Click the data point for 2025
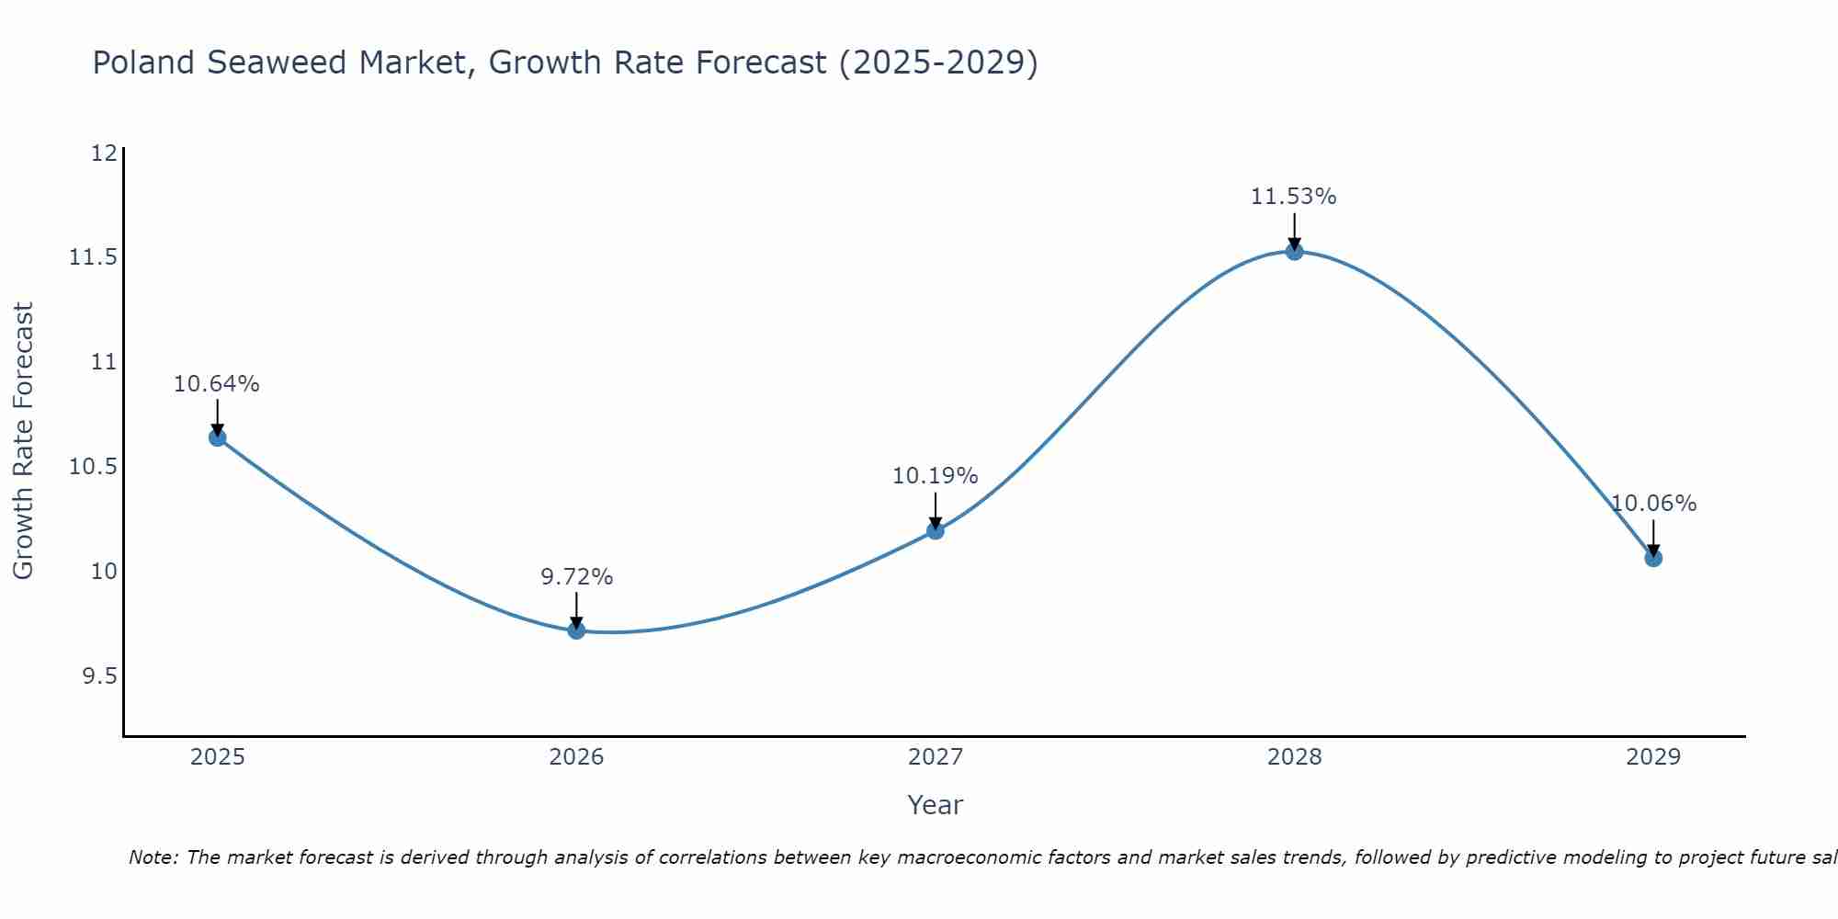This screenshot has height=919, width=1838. tap(217, 437)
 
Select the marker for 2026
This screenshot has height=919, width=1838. tap(576, 630)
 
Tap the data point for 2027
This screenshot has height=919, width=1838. tap(936, 530)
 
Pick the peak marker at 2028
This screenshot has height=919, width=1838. tap(1294, 251)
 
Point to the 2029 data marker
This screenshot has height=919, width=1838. tap(1653, 558)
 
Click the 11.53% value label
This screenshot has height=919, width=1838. tap(1293, 197)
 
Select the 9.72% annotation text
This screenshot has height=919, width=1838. tap(576, 577)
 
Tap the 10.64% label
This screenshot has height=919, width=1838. tap(217, 384)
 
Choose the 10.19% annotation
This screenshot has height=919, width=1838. tap(935, 476)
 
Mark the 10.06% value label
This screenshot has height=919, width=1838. tap(1653, 504)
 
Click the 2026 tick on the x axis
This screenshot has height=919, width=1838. tap(576, 757)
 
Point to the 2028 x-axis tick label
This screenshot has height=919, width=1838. tap(1294, 757)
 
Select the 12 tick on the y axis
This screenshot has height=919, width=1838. tap(104, 153)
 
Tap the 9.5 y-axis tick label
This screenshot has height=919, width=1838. tap(100, 676)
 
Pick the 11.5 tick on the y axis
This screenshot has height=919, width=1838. tap(94, 257)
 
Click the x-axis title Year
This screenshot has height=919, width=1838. tap(935, 805)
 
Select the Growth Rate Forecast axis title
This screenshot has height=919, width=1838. tap(23, 441)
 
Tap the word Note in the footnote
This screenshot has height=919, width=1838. tap(153, 857)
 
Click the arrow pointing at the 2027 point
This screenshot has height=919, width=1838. tap(936, 510)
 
